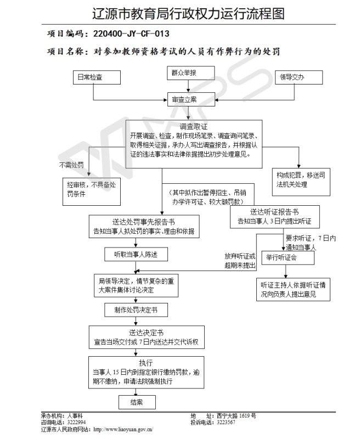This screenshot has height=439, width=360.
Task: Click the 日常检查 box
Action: click(x=97, y=77)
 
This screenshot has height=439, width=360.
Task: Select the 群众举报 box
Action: click(x=191, y=73)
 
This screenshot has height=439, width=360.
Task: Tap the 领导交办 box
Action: click(x=299, y=77)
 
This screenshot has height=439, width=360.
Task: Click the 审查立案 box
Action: click(x=191, y=99)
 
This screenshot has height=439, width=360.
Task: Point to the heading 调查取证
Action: click(x=193, y=127)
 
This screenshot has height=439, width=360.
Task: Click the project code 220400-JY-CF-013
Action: click(x=131, y=34)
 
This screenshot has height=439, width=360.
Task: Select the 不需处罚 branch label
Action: click(x=71, y=165)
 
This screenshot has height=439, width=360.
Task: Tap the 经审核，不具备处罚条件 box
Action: click(x=92, y=192)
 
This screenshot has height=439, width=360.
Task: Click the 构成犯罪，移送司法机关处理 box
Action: click(x=301, y=182)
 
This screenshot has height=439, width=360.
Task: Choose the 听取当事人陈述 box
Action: click(x=136, y=255)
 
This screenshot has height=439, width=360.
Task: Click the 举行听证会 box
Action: click(x=288, y=257)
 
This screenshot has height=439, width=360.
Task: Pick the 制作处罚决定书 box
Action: click(x=136, y=310)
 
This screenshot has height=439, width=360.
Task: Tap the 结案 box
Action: click(x=137, y=402)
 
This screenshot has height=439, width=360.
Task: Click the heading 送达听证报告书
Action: click(x=274, y=212)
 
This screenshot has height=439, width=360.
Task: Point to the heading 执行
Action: click(x=146, y=363)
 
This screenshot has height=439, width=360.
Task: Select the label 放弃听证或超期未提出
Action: click(x=240, y=261)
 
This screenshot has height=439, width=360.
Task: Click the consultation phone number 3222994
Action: click(x=76, y=423)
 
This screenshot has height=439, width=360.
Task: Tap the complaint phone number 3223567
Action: click(x=226, y=423)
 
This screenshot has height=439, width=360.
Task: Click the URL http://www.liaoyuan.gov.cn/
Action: click(x=123, y=430)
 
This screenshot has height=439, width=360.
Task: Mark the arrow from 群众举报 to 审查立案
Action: click(x=188, y=86)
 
